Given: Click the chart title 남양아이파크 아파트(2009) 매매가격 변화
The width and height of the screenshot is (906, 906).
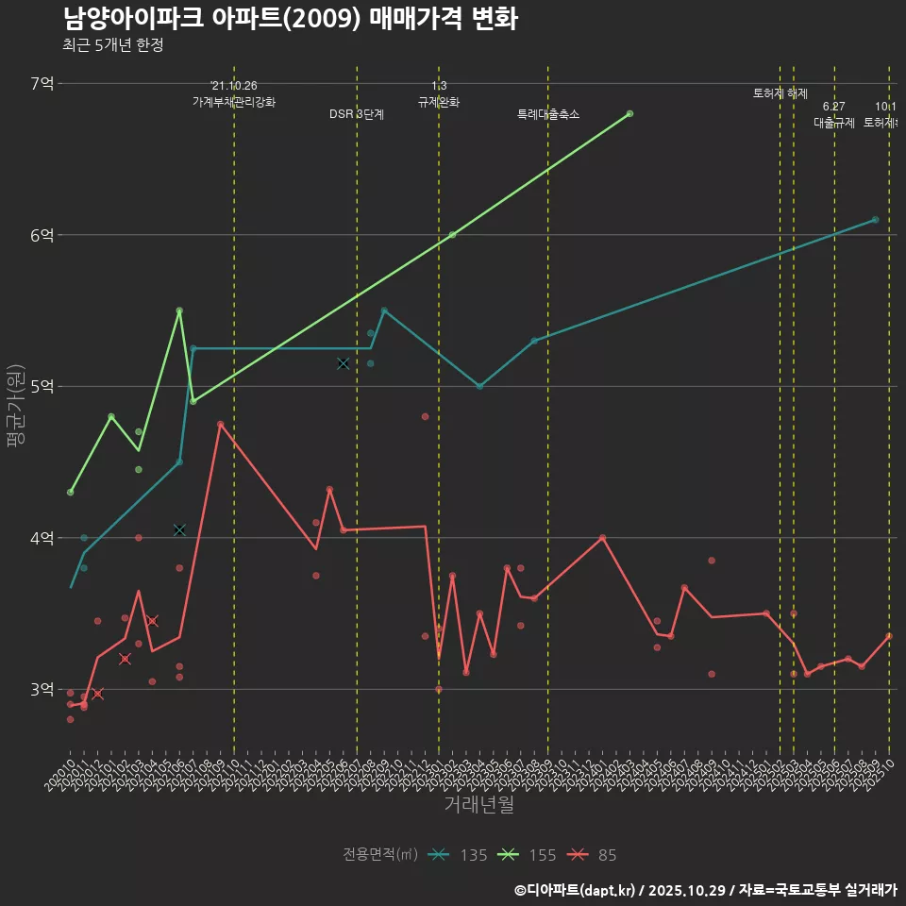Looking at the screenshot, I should tap(291, 19).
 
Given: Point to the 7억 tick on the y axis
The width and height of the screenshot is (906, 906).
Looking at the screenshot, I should tap(42, 84).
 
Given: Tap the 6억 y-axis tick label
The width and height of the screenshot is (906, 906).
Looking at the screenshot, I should tap(42, 235).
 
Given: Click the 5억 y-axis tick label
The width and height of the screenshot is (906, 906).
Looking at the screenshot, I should tap(42, 386).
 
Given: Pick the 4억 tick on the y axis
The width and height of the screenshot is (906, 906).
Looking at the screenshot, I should tap(42, 538).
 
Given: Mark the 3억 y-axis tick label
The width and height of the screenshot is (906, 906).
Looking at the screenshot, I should tap(42, 689).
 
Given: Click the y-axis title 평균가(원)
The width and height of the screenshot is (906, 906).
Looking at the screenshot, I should tap(14, 407).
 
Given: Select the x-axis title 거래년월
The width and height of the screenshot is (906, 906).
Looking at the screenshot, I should tap(479, 805).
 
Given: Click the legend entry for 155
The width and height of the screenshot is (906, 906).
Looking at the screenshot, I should tap(528, 855).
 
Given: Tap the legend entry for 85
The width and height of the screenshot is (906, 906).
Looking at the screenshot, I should tap(592, 855).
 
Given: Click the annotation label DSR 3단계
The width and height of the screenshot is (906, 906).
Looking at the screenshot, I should tap(357, 114).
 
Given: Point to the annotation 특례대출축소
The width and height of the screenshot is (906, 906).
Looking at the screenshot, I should tap(548, 114).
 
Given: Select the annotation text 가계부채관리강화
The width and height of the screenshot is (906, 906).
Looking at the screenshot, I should tap(234, 101).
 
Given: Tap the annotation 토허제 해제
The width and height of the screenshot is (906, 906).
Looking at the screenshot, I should tap(780, 93).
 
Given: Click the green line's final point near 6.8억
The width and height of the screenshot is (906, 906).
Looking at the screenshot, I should tap(629, 114).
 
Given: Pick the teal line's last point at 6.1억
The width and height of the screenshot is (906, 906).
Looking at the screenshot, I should tap(875, 220).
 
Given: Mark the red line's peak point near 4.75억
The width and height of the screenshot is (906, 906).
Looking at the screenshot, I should tap(220, 425).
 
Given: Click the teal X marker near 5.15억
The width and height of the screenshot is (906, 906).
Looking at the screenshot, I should tap(343, 363).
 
